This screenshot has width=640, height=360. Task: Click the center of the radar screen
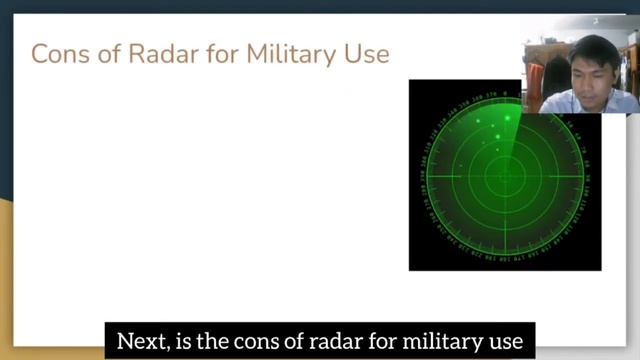(x=504, y=176)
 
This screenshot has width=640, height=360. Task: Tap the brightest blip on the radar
(x=507, y=119)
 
